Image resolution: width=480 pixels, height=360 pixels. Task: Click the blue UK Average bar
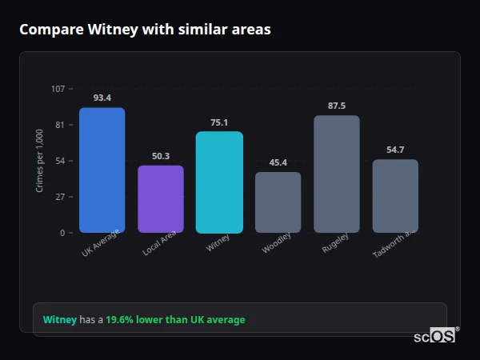(x=102, y=170)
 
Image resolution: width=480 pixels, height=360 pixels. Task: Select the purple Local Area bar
(x=161, y=199)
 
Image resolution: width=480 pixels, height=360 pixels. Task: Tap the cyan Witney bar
(x=219, y=182)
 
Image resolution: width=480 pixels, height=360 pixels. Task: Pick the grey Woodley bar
(x=278, y=202)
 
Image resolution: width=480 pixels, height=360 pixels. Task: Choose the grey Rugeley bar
(x=337, y=174)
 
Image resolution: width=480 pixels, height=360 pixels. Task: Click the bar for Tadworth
(x=395, y=196)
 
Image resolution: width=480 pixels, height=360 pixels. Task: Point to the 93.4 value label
(x=102, y=98)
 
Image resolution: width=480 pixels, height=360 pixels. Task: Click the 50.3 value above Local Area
(x=161, y=156)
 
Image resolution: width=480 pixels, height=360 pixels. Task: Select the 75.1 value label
(x=219, y=122)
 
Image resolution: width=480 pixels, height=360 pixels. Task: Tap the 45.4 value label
(x=278, y=162)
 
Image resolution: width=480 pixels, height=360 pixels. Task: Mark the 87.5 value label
(x=337, y=106)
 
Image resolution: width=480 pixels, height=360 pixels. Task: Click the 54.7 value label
(x=395, y=150)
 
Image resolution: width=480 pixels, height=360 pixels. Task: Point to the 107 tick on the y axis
(x=58, y=89)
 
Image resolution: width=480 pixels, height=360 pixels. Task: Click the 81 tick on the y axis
(x=60, y=125)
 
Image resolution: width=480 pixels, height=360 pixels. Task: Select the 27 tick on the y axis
(x=60, y=197)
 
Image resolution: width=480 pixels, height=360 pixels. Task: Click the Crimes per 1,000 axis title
(x=40, y=161)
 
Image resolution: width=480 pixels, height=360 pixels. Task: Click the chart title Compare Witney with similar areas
(x=145, y=30)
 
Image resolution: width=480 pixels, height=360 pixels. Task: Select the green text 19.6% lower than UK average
(x=175, y=320)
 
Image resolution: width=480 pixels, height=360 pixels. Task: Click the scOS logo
(x=435, y=336)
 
